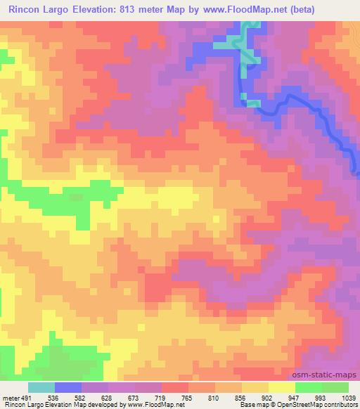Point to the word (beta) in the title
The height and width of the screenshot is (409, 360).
point(295,9)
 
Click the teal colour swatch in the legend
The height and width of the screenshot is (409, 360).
point(41,387)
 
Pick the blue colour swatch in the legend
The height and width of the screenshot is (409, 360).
point(67,387)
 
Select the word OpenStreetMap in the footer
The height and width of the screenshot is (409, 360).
point(294,405)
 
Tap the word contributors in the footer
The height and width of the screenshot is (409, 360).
point(339,405)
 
